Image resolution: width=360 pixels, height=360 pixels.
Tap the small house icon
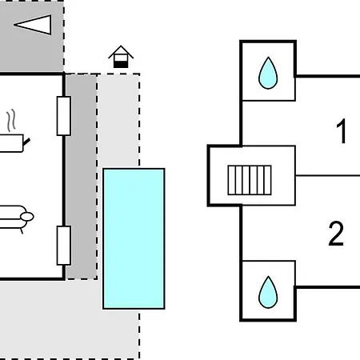tap(121, 57)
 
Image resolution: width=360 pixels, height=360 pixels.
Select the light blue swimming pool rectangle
tap(134, 238)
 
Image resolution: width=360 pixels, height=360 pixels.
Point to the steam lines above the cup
tap(11, 120)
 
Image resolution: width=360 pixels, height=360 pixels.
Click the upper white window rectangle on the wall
tap(64, 116)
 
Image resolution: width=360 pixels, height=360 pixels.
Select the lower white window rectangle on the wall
tap(64, 246)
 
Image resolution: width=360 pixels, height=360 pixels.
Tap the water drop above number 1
tap(268, 73)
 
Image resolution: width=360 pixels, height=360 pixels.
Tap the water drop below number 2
tap(268, 293)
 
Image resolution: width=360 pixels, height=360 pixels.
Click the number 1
tap(342, 131)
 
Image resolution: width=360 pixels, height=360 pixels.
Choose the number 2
tap(336, 234)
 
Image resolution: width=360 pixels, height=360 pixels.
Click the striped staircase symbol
tap(250, 180)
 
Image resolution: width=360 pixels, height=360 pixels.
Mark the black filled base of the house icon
tap(121, 64)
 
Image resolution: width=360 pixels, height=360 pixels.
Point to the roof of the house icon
tap(121, 51)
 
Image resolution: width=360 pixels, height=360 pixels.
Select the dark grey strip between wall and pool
tap(82, 177)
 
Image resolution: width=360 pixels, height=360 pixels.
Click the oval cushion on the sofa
tap(27, 217)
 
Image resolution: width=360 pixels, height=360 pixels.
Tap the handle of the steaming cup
tap(26, 142)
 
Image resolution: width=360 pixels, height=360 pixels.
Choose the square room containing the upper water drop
tap(268, 71)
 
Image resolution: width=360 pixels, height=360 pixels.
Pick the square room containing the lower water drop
tap(268, 290)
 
